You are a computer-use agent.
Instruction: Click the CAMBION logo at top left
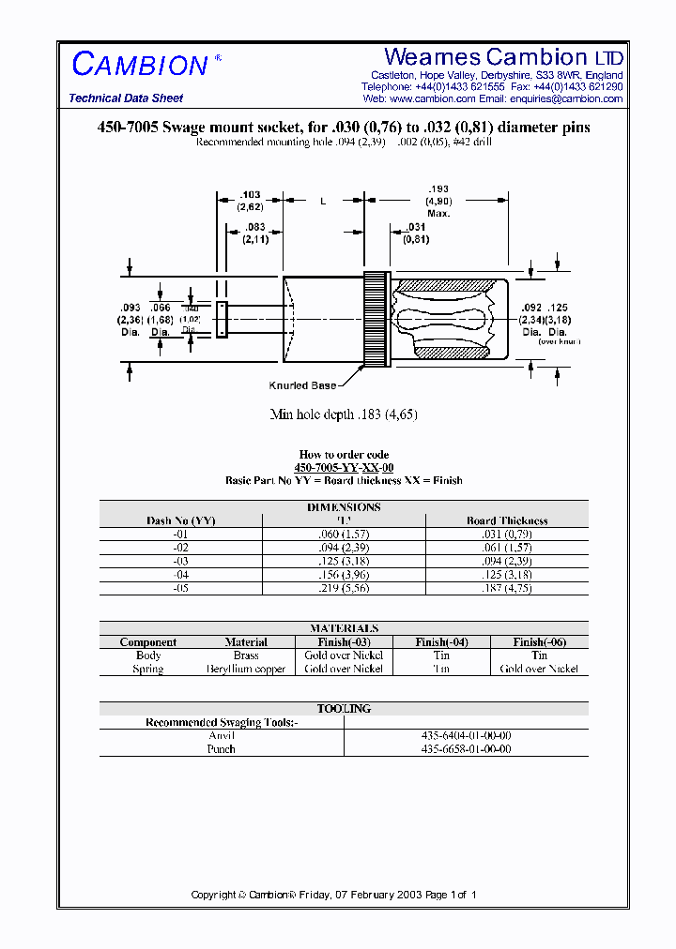pyautogui.click(x=141, y=65)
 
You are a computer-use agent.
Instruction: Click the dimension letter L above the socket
pyautogui.click(x=323, y=201)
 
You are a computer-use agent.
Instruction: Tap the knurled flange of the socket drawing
pyautogui.click(x=376, y=320)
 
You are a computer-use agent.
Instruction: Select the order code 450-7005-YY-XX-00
pyautogui.click(x=344, y=467)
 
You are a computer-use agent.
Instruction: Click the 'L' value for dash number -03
pyautogui.click(x=344, y=561)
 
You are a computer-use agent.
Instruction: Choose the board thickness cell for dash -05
pyautogui.click(x=507, y=588)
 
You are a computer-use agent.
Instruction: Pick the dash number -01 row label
pyautogui.click(x=181, y=534)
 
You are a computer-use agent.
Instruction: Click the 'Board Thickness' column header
pyautogui.click(x=507, y=520)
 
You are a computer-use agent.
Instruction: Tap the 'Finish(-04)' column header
pyautogui.click(x=441, y=642)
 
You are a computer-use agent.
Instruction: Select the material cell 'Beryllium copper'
pyautogui.click(x=246, y=669)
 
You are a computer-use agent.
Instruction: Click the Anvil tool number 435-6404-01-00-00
pyautogui.click(x=466, y=736)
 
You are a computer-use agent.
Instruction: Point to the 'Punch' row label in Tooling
pyautogui.click(x=222, y=749)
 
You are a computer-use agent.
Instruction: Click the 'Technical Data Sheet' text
pyautogui.click(x=126, y=98)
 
